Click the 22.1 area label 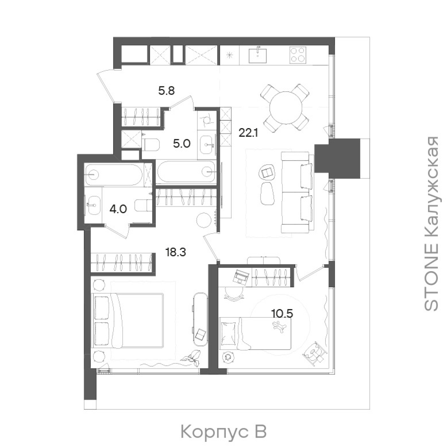pos(248,133)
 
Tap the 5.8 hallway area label pos(166,91)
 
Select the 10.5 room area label pos(282,314)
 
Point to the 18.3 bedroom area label pos(175,252)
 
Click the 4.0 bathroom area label pos(118,209)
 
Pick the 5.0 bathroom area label pos(182,144)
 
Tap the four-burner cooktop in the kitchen pos(298,55)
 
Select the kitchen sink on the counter pos(257,55)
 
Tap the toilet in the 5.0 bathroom pos(150,144)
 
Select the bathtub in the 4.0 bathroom pos(114,175)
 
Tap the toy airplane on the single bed pos(279,329)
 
